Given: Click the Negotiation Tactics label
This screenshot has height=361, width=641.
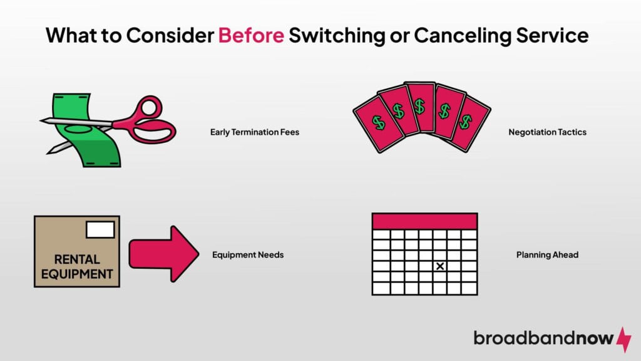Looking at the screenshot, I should pos(548,132).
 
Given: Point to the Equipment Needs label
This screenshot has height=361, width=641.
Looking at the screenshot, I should pos(248,255).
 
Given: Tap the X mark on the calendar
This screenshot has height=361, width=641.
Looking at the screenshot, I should pos(440,266).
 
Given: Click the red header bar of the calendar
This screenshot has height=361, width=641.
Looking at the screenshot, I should pos(424,221).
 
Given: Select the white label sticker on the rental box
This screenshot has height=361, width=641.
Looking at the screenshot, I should pos(100,229).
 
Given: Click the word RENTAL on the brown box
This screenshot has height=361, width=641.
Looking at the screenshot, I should pos(76,259).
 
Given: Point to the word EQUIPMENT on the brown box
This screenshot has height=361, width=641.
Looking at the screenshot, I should pos(76,274).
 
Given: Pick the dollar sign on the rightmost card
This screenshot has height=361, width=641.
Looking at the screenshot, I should pos(464,120).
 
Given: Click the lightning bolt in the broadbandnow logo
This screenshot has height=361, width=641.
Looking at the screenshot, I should pos(623,338).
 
